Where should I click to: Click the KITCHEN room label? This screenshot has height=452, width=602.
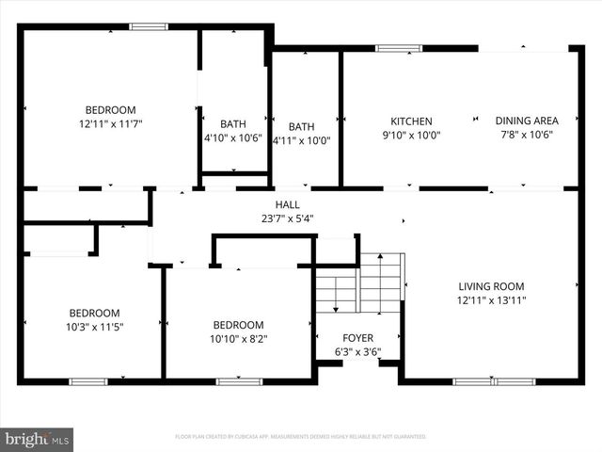point(411,121)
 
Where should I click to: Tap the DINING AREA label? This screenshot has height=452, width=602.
point(527,121)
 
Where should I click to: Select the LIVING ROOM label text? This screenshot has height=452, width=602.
point(491,286)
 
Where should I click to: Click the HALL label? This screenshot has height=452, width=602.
point(287,204)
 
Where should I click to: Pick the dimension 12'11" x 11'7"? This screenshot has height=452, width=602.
point(111,123)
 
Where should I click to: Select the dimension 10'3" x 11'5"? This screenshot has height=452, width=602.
point(94,327)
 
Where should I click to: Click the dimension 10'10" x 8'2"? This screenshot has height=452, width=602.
point(237,340)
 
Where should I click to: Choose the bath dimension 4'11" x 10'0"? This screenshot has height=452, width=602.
point(301,140)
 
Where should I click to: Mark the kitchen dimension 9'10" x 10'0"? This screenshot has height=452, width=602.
point(411,135)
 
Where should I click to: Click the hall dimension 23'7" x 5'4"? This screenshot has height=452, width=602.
point(287,218)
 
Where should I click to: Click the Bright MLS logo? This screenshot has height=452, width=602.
point(38,438)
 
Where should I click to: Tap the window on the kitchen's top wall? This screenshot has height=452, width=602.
point(392,48)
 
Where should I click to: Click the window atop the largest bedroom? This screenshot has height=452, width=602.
point(148,26)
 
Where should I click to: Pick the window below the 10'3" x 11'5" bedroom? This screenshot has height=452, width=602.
point(87,381)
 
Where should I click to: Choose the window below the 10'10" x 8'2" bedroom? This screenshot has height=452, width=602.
point(239,381)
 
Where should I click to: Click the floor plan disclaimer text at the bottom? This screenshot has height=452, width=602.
point(301,437)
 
